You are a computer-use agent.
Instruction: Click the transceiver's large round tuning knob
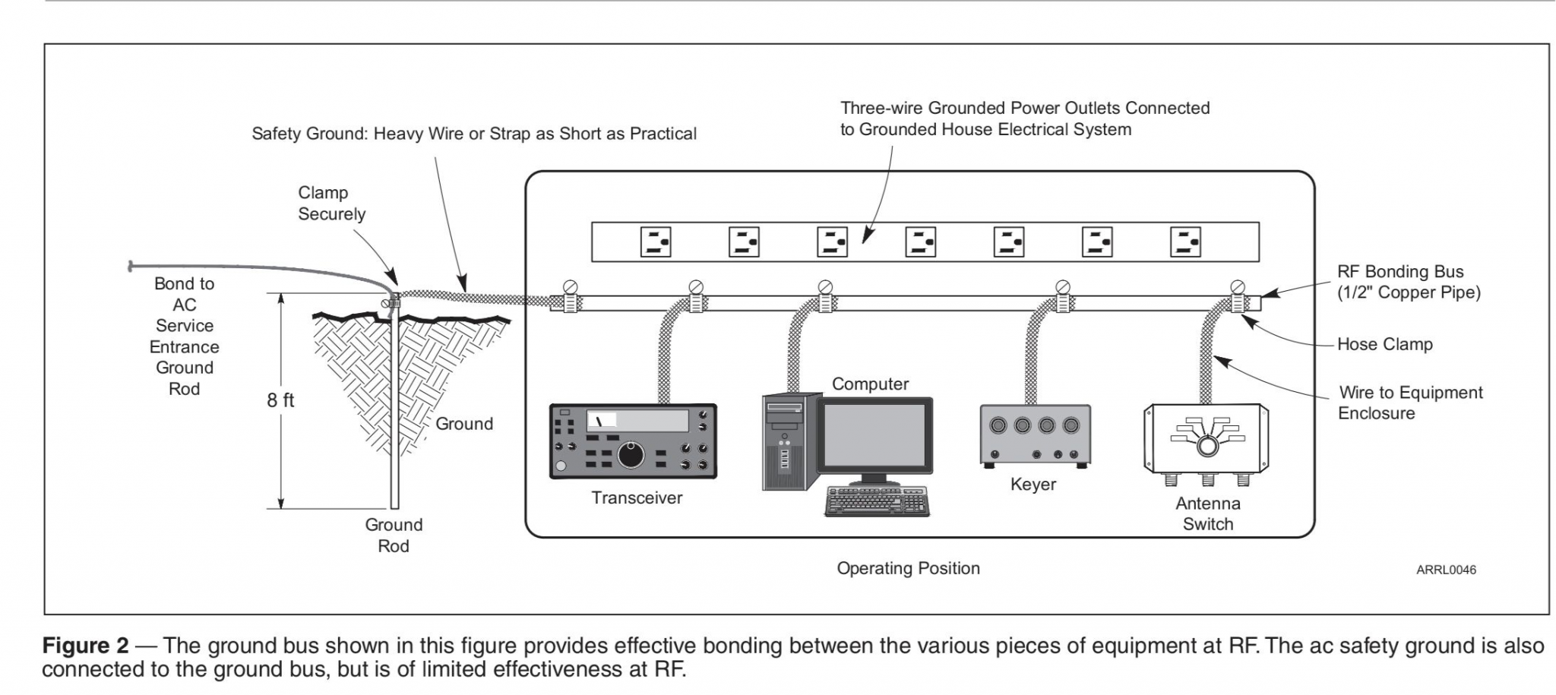click(x=630, y=455)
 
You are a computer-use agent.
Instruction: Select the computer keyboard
click(x=877, y=501)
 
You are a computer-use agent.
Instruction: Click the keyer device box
click(x=1035, y=435)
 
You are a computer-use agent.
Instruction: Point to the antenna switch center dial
click(x=1207, y=446)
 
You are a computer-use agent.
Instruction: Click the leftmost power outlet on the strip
click(x=655, y=242)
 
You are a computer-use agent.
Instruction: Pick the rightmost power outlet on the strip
click(x=1185, y=242)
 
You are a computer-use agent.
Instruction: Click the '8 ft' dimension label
click(x=280, y=400)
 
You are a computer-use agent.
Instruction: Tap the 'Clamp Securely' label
click(x=331, y=204)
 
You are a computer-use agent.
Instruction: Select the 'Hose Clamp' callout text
click(x=1384, y=344)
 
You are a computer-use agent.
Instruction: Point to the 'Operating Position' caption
click(x=908, y=568)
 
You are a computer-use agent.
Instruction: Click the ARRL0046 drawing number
click(x=1446, y=570)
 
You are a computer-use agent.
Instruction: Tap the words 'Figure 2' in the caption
click(x=85, y=646)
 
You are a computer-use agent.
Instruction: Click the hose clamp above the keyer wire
click(x=1062, y=301)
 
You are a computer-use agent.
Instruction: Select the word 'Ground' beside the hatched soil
click(x=463, y=424)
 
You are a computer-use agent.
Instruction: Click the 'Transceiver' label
click(x=637, y=498)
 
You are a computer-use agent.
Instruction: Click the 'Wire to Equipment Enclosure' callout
click(x=1409, y=403)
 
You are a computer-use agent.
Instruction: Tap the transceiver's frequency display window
click(x=637, y=420)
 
